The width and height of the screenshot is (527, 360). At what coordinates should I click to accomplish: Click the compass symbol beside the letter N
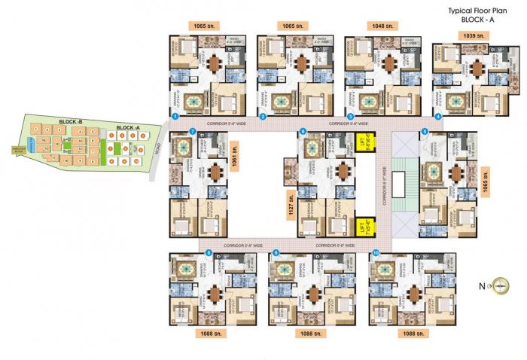(502, 285)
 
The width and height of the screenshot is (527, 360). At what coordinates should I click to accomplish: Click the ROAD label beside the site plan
(157, 148)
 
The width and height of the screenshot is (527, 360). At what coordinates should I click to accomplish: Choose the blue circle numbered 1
(175, 117)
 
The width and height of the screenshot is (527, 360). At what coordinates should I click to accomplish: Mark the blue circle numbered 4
(438, 117)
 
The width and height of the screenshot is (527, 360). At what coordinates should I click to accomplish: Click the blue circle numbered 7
(193, 132)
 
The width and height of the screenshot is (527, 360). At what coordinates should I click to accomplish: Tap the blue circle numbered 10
(375, 253)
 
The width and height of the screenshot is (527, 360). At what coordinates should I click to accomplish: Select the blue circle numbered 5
(425, 132)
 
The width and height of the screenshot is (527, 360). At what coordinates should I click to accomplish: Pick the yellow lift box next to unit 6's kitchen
(363, 141)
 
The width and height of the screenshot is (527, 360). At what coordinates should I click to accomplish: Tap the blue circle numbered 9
(276, 253)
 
